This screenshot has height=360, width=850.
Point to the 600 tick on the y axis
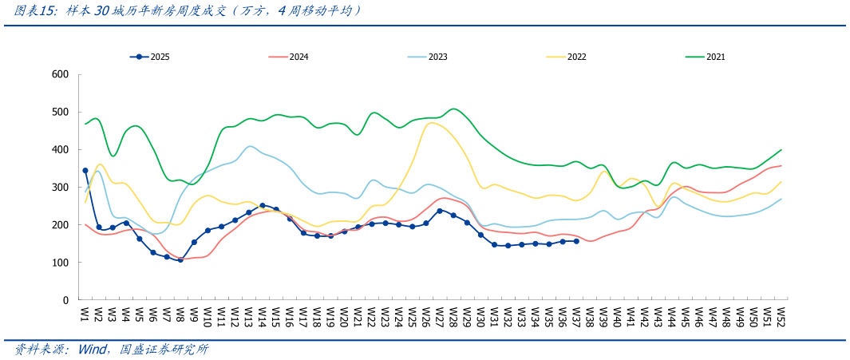(61, 74)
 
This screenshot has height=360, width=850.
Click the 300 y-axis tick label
(61, 188)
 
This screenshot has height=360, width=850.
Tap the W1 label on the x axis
(85, 314)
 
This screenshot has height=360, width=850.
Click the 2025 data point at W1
(85, 170)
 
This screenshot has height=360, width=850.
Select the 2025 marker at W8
(180, 259)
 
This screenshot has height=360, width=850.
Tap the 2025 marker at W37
(576, 241)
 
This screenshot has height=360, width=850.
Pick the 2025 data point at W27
(440, 211)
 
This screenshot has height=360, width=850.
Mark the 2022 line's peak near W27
(433, 123)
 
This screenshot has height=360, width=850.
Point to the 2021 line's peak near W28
(453, 109)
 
